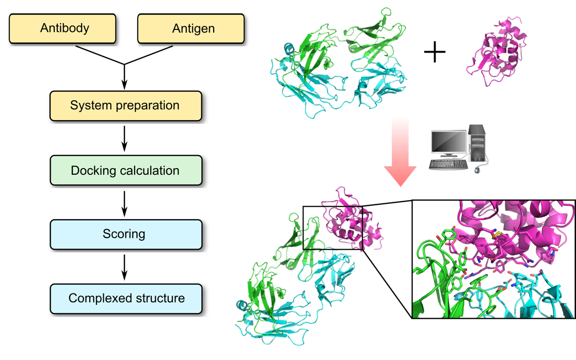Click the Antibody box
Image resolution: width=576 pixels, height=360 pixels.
tap(62, 28)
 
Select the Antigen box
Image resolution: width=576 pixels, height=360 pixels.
tap(190, 28)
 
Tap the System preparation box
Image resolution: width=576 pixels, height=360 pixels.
tap(125, 106)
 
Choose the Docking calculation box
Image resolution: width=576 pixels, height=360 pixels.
tap(125, 170)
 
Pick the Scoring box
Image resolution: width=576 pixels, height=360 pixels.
tap(125, 234)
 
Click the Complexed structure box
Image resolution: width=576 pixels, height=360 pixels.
tap(125, 299)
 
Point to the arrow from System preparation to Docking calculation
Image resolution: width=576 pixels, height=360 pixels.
tap(124, 138)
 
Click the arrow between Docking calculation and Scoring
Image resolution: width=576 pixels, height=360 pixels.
tap(124, 203)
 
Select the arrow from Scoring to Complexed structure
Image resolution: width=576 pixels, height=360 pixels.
tap(124, 267)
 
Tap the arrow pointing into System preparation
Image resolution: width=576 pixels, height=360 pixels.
tap(124, 77)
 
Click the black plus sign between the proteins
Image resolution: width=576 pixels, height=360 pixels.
tap(435, 52)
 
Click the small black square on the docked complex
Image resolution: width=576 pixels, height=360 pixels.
tap(333, 228)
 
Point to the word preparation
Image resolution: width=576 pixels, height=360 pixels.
tap(150, 106)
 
